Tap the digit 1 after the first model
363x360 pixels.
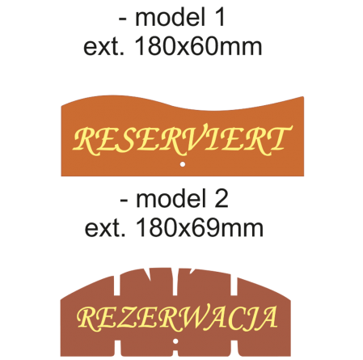click(x=220, y=17)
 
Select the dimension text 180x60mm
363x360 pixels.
click(x=198, y=46)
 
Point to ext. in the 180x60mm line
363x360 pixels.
click(x=103, y=47)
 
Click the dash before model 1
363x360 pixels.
click(x=123, y=19)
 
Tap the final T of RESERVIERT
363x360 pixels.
click(x=278, y=138)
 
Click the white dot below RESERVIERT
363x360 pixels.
click(x=183, y=164)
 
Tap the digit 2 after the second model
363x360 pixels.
click(x=222, y=199)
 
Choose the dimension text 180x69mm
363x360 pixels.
click(x=199, y=228)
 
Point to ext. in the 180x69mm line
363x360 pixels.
click(x=105, y=229)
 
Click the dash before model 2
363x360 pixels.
click(x=124, y=201)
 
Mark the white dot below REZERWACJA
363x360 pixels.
click(x=175, y=341)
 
